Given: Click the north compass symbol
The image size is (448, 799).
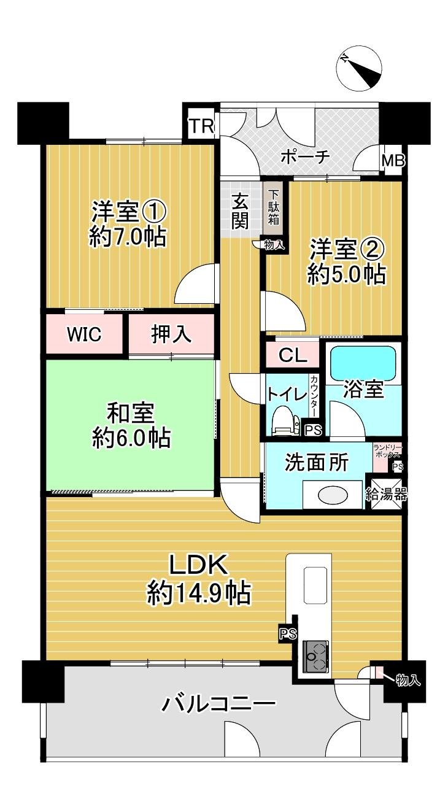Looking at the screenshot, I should point(360,67).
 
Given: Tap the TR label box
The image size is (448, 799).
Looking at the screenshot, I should point(201,126).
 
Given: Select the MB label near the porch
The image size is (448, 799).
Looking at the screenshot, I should point(393,161).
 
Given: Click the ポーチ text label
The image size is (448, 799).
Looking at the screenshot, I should point(305,156).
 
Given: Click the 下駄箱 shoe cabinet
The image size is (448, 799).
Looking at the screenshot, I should point(273,208).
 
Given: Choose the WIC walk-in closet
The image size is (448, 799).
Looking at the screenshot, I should point(85,334).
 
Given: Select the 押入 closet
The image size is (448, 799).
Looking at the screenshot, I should point(171,334).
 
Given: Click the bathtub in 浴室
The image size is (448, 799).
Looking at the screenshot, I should point(363,363).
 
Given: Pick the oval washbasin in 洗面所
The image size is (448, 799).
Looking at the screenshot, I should point(333,494).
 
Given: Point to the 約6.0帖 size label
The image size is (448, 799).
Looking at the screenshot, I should point(131,438).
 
